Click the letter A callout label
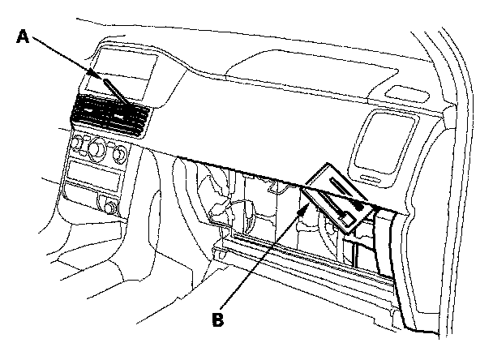(24, 36)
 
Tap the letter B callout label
(216, 319)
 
